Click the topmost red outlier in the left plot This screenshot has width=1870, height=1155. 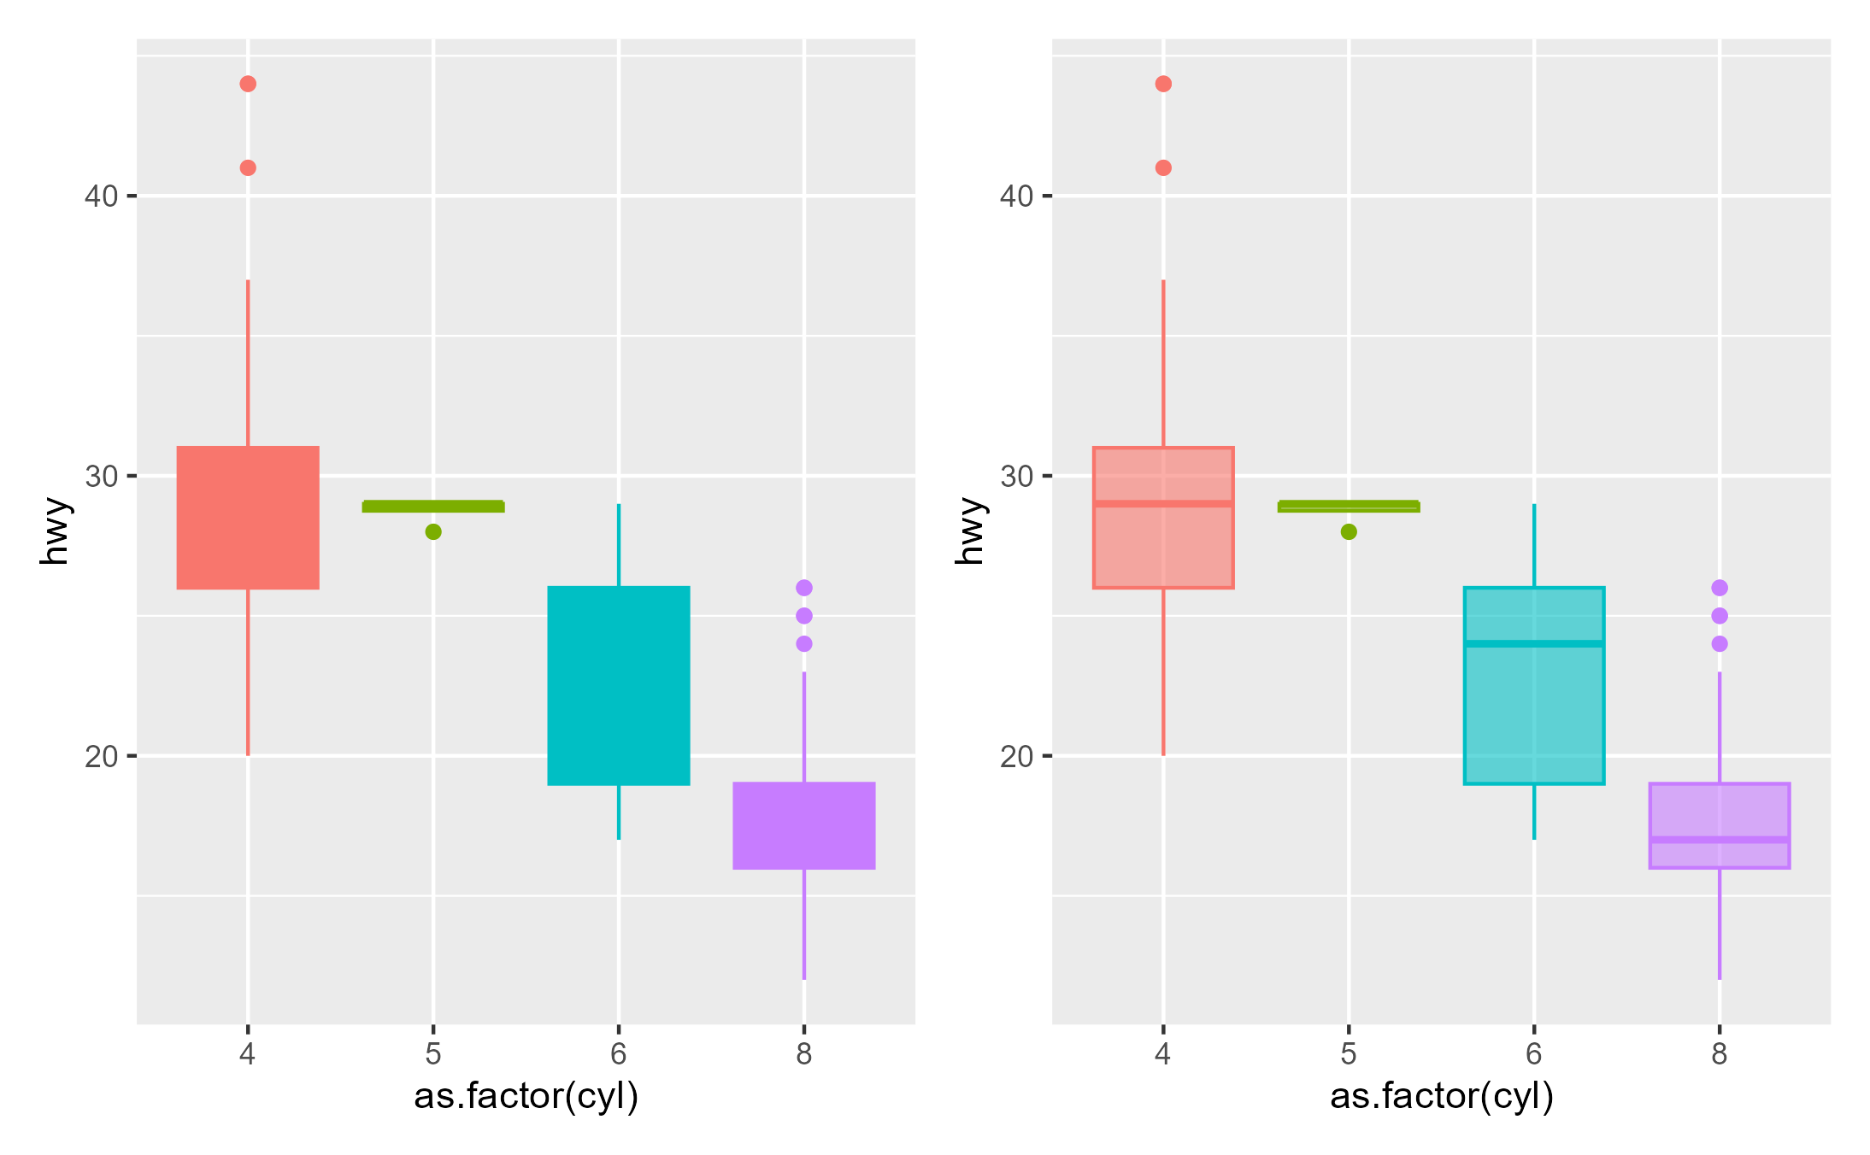tap(248, 84)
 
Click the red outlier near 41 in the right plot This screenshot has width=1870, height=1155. tap(1163, 167)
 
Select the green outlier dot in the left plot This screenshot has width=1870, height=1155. tap(433, 531)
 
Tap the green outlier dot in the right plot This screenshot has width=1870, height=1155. tap(1349, 531)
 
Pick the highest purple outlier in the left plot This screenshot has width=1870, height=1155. tap(804, 588)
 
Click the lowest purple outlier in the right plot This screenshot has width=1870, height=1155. tap(1720, 643)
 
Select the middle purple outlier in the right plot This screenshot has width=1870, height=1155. tap(1720, 616)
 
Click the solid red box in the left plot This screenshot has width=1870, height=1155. tap(248, 518)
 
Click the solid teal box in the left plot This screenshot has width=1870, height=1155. tap(619, 685)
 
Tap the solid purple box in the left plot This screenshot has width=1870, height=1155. tap(804, 825)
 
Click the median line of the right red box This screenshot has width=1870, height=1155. tap(1163, 504)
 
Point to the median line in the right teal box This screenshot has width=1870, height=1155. tap(1534, 643)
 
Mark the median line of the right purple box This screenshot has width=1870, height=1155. tap(1720, 840)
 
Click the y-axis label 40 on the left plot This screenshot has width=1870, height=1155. tap(101, 196)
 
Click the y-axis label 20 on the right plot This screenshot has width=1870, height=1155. tap(1016, 756)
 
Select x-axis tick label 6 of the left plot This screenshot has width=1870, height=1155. tap(619, 1054)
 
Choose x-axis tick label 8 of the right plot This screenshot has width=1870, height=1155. tap(1720, 1054)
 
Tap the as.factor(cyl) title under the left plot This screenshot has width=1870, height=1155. tap(526, 1096)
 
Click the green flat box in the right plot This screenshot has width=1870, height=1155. tap(1349, 507)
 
